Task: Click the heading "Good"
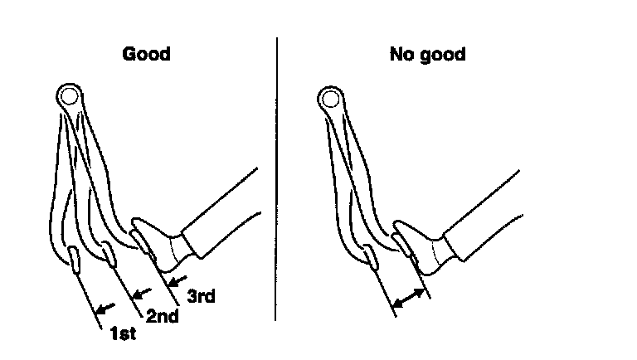146,55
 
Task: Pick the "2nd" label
162,315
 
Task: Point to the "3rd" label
202,295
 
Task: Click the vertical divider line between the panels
275,182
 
